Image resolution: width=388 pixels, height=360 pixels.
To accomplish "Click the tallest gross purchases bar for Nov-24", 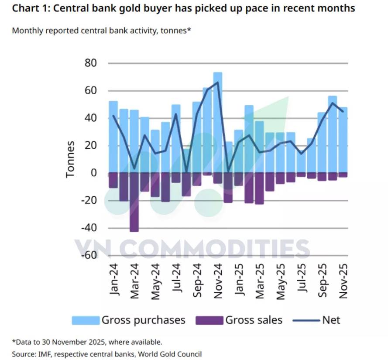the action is (x=218, y=123).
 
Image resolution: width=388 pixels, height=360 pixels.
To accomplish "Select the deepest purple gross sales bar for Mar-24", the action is (x=134, y=202).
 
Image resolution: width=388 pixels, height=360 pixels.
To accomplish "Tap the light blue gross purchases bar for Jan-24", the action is (x=113, y=137).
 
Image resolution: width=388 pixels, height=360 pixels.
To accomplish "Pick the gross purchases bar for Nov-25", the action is (x=343, y=140).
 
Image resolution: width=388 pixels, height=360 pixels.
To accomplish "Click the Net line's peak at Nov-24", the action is (x=217, y=82).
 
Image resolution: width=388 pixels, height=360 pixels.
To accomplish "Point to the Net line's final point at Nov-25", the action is (x=343, y=112).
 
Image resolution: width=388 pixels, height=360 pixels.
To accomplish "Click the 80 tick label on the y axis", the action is (x=91, y=63).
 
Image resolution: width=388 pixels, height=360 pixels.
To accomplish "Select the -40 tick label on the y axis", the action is (x=89, y=228).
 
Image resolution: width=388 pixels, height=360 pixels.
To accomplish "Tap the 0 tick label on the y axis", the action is (x=94, y=173).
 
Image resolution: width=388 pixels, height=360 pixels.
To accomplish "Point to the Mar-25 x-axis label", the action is (x=260, y=281).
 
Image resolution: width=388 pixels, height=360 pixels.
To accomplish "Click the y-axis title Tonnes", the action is (x=70, y=159).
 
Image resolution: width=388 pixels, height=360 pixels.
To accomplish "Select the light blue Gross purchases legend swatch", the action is (x=86, y=320).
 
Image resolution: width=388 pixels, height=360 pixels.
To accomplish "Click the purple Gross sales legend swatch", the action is (x=209, y=320).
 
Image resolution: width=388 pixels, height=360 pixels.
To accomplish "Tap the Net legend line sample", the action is (x=306, y=320).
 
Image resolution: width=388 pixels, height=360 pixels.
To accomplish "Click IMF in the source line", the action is (x=43, y=354).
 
